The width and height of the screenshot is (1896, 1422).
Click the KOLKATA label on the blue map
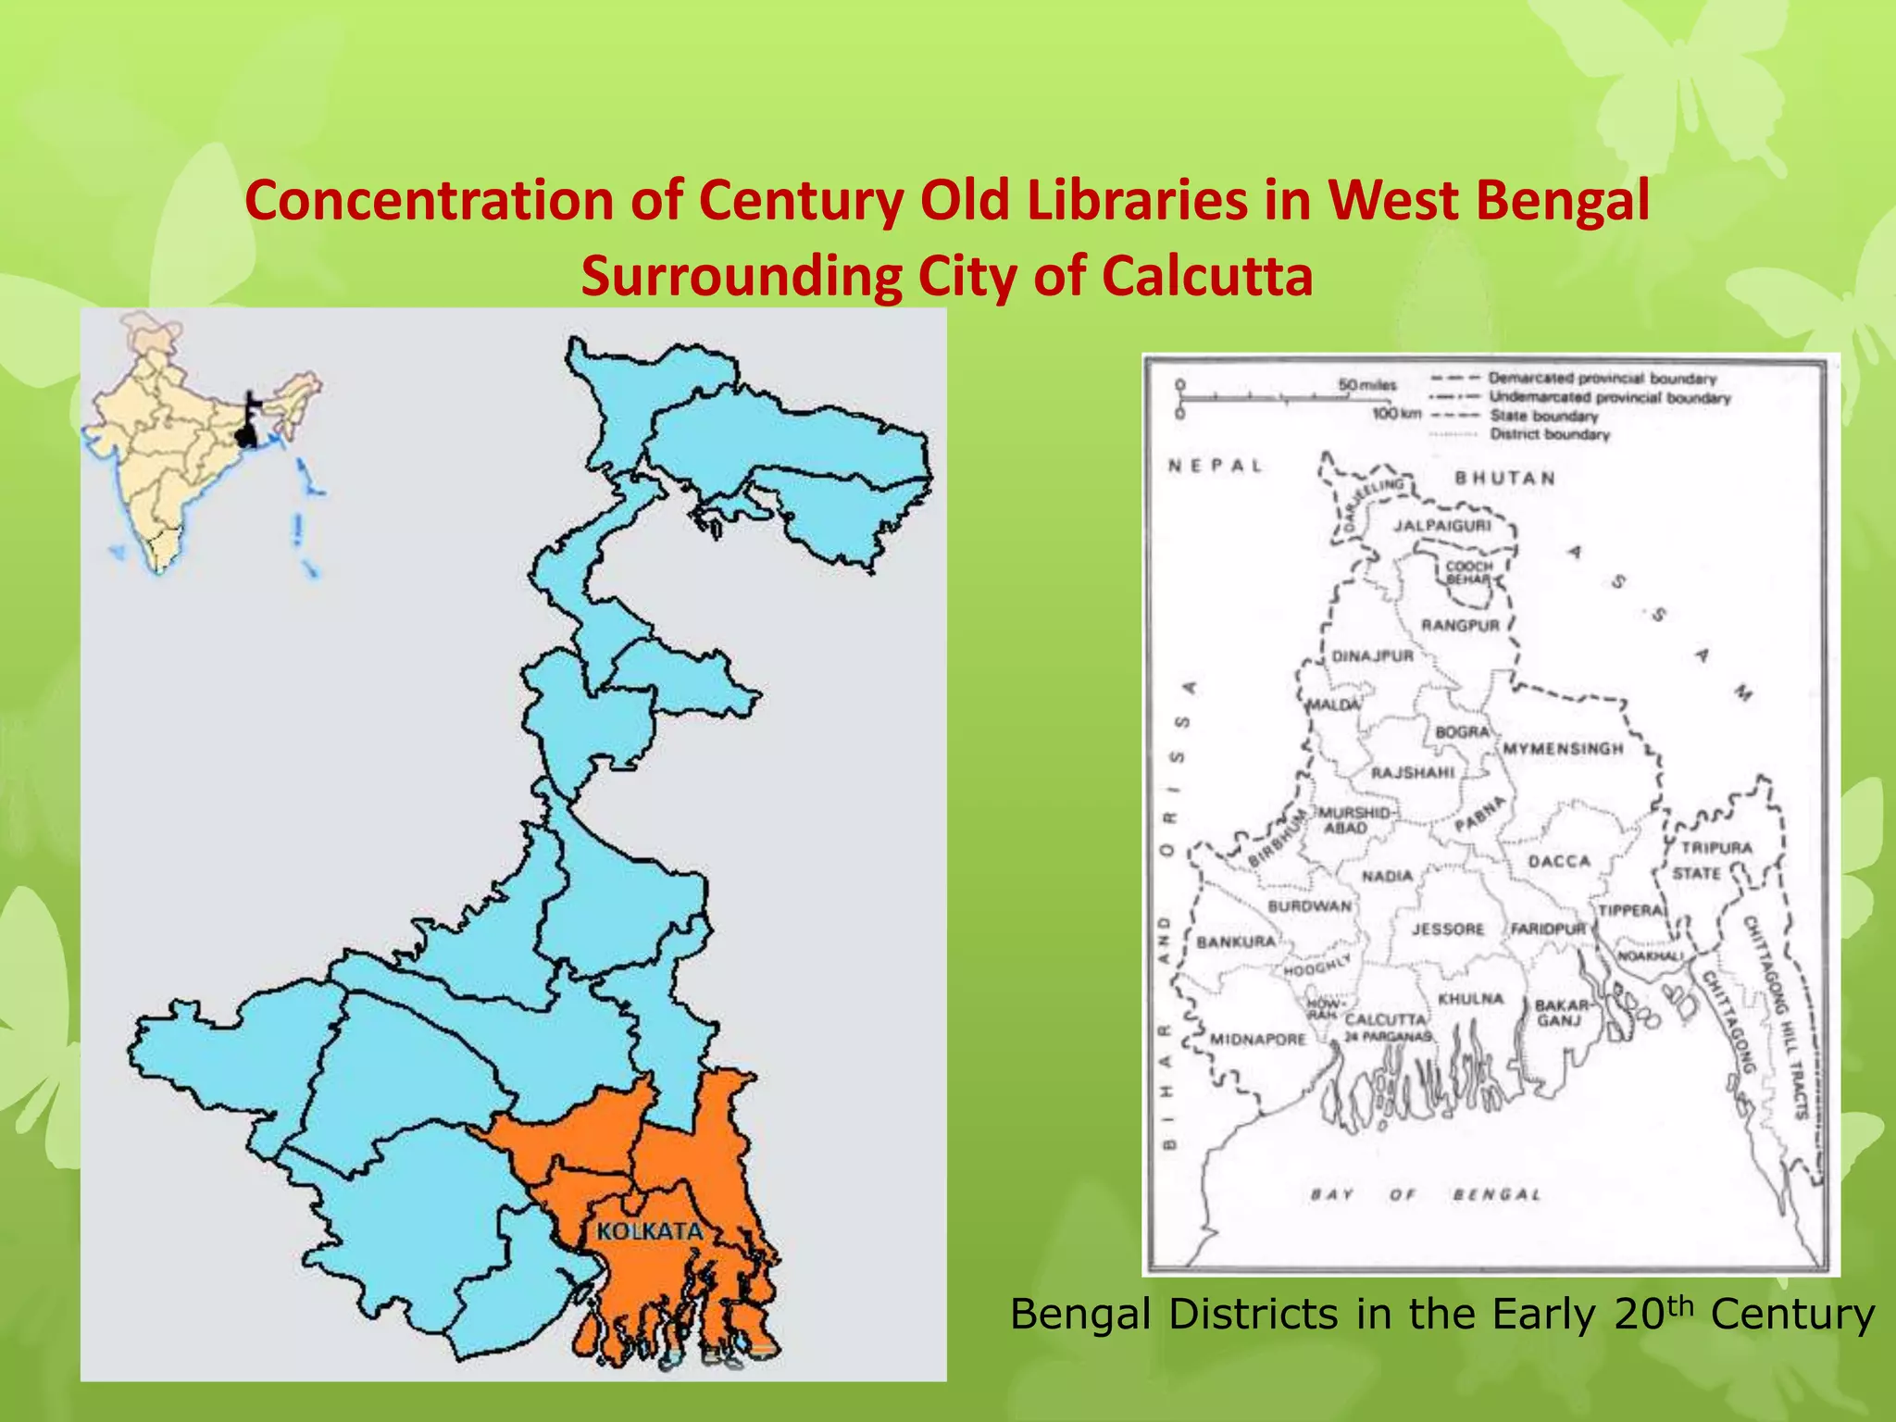649,1231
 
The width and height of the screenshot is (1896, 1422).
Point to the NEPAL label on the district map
1215,466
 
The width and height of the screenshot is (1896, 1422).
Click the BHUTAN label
1504,478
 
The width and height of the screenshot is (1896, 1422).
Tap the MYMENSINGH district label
1563,748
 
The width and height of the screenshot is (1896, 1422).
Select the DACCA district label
1559,861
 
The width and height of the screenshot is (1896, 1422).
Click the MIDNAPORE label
1258,1039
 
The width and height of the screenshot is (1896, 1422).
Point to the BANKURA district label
1237,942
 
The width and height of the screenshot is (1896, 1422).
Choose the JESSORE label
1447,929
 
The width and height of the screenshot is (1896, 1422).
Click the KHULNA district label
1470,999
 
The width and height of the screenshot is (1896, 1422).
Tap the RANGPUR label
1460,626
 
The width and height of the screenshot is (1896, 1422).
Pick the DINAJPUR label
1373,656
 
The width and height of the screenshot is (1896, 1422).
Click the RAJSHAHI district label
1413,772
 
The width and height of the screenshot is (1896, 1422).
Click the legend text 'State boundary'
1543,416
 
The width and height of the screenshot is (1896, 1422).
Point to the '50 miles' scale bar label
1366,384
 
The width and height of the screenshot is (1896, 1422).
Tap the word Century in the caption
1792,1314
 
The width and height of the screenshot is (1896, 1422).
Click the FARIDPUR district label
1548,929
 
